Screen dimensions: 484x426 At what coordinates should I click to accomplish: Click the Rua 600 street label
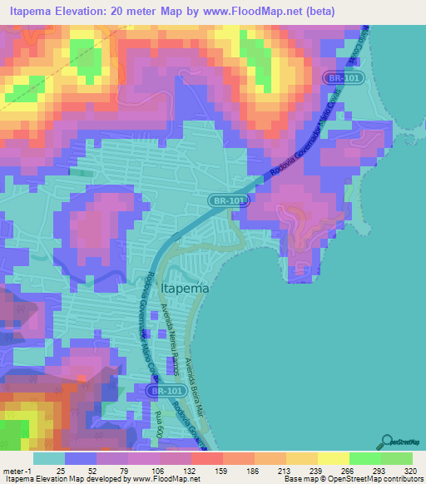(159, 425)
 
